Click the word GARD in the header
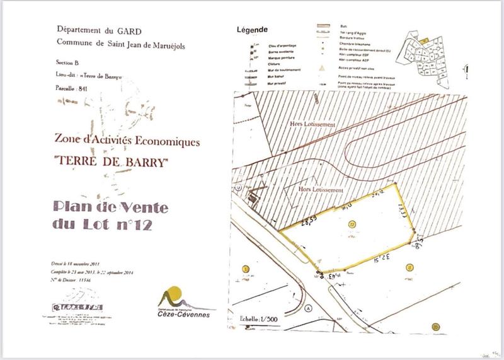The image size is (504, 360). coord(130,30)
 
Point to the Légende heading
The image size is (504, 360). coord(251,29)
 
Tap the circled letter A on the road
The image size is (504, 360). coord(308,310)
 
